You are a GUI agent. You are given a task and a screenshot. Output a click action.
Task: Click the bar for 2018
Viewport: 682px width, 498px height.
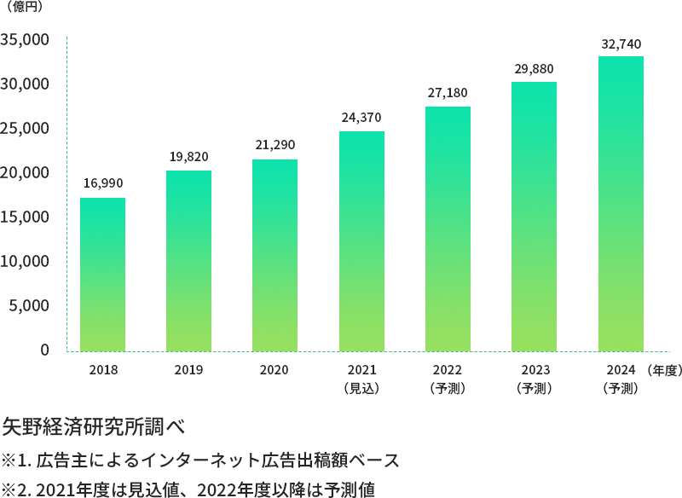pos(102,274)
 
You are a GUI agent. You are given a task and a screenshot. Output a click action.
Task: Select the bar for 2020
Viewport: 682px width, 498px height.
pos(275,255)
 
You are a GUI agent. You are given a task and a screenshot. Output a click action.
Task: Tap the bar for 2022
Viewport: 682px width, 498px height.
pos(448,229)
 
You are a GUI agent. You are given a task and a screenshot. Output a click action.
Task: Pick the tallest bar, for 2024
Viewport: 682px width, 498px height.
pos(621,203)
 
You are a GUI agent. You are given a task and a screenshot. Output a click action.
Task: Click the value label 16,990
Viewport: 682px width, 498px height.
pos(102,183)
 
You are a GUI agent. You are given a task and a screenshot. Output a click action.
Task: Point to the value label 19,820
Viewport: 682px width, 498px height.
pos(188,157)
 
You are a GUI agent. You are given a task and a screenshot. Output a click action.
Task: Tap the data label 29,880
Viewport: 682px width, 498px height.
pos(534,68)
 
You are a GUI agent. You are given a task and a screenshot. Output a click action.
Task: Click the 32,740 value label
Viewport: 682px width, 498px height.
pos(621,43)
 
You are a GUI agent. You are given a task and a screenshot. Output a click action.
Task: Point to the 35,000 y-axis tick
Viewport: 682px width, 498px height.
pos(26,40)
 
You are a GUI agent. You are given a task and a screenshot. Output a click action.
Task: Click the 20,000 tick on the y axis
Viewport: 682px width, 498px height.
pos(26,173)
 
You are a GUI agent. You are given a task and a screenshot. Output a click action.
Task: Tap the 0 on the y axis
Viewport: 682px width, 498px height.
pos(43,350)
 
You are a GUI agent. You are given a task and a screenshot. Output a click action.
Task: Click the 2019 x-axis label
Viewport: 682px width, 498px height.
pos(188,371)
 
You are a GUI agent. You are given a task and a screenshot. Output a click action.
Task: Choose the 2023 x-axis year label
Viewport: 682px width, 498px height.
pos(534,371)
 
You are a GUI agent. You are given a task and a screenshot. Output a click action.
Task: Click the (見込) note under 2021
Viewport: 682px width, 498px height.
pos(361,389)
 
